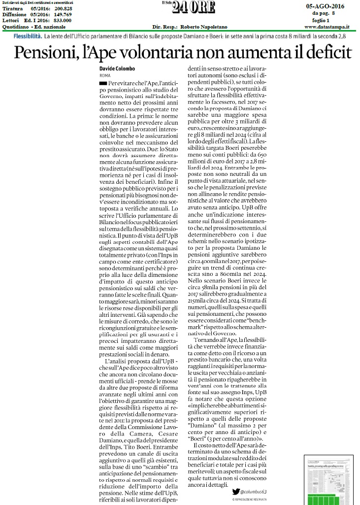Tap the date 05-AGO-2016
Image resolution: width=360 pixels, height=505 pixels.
coord(325,6)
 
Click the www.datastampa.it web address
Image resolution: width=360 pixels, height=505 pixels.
coord(327,28)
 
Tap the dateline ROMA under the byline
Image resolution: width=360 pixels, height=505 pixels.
coord(105,76)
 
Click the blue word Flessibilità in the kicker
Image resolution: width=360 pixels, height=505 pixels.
coord(27,37)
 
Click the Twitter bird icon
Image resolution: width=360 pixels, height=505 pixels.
coord(236,491)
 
